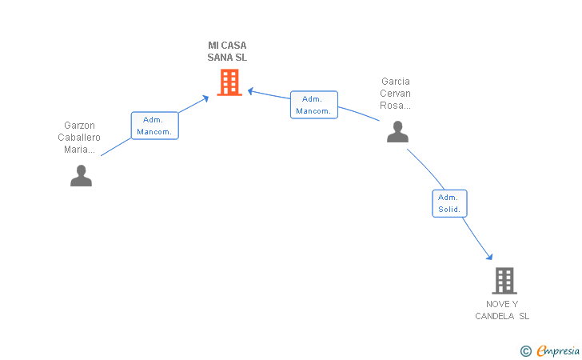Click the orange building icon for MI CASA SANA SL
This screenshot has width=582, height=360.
point(229,82)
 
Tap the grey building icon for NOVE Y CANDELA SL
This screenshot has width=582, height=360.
point(504,281)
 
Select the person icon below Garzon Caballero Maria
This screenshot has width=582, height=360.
point(81,176)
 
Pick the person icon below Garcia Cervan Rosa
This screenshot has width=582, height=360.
point(397,131)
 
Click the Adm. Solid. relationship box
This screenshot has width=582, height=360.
point(449,203)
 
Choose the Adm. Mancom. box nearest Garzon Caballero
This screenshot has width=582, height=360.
point(155,126)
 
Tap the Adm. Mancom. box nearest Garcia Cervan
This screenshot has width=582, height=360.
point(314,105)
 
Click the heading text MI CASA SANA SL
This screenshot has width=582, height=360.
point(227,51)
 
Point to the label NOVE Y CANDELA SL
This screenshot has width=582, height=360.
point(502,310)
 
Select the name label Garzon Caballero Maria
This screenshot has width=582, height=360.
point(79,138)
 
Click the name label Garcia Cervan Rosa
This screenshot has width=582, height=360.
point(395,94)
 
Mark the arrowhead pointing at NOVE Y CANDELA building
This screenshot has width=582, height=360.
point(489,256)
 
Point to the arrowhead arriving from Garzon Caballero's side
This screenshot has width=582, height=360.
point(205,99)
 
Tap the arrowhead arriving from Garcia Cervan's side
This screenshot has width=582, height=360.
point(251,91)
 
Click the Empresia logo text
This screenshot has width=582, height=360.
point(558,350)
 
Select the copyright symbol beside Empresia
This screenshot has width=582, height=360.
point(526,351)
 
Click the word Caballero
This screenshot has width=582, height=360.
point(79,138)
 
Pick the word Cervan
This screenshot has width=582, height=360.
point(395,94)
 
